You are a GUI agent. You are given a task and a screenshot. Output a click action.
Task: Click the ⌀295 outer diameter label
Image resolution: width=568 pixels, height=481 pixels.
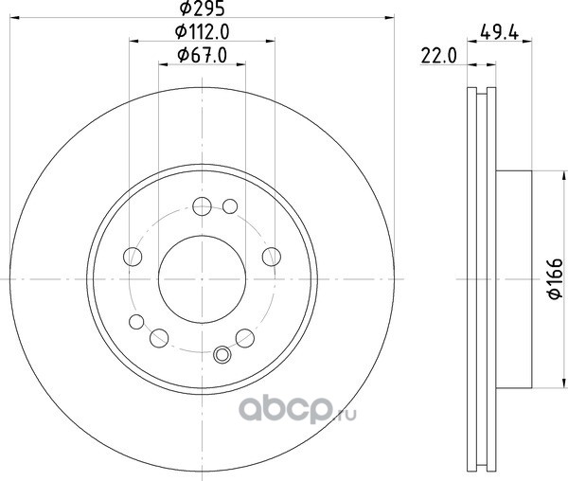[x=203, y=9]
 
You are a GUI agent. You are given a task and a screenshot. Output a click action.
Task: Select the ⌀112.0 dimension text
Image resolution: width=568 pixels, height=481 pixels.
[x=203, y=32]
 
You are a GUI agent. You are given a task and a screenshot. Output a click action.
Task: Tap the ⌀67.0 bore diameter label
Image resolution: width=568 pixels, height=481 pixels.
[x=203, y=56]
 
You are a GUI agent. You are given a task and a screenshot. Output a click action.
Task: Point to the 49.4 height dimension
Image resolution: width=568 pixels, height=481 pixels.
[x=499, y=32]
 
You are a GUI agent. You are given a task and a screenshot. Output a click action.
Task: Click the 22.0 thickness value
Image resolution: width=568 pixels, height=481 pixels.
[x=439, y=56]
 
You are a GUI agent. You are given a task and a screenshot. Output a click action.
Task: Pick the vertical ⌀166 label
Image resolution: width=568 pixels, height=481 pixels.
[x=556, y=279]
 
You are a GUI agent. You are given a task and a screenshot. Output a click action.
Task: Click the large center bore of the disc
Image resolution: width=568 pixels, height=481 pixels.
[x=203, y=279]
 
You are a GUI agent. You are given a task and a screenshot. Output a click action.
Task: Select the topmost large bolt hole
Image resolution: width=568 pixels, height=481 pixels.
[x=203, y=206]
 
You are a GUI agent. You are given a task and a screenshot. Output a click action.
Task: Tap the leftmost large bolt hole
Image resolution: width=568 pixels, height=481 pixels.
[x=133, y=257]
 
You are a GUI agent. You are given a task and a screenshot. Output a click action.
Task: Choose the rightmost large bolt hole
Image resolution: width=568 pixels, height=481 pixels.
[x=272, y=257]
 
